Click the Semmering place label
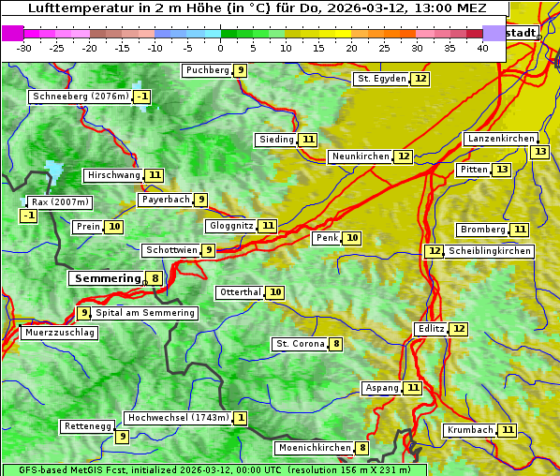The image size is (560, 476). pyautogui.click(x=106, y=278)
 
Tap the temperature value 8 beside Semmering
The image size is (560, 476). pyautogui.click(x=154, y=278)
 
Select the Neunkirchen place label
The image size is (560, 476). pyautogui.click(x=360, y=156)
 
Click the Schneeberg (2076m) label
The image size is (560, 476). pyautogui.click(x=80, y=97)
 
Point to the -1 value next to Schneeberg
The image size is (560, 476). pyautogui.click(x=141, y=97)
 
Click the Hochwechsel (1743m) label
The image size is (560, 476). pyautogui.click(x=178, y=418)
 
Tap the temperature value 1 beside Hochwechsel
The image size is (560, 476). pyautogui.click(x=241, y=418)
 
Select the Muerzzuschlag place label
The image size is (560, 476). pyautogui.click(x=59, y=333)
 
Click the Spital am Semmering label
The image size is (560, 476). pyautogui.click(x=145, y=313)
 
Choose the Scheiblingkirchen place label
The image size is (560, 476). pyautogui.click(x=489, y=251)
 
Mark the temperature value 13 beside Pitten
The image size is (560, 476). pyautogui.click(x=503, y=170)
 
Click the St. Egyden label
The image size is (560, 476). pyautogui.click(x=381, y=79)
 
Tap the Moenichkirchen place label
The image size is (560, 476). pyautogui.click(x=314, y=448)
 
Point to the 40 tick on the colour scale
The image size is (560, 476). pyautogui.click(x=482, y=47)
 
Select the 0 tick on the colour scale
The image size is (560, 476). pyautogui.click(x=221, y=47)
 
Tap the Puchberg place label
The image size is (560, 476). pyautogui.click(x=207, y=70)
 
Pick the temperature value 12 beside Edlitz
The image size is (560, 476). pyautogui.click(x=458, y=329)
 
